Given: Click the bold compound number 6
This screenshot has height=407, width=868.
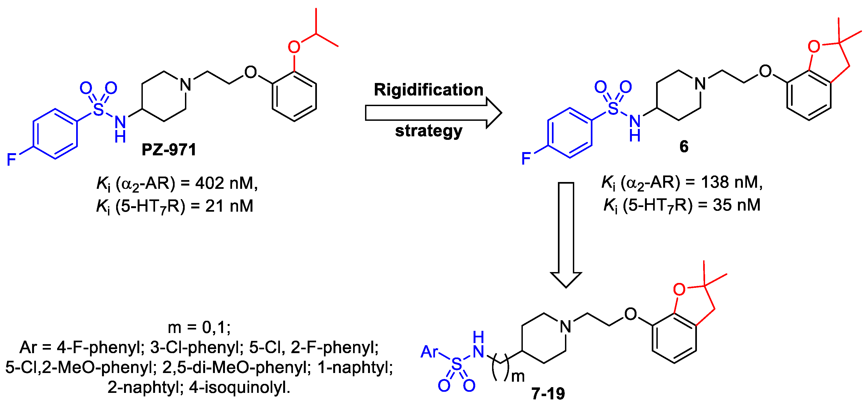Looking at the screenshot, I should (684, 147).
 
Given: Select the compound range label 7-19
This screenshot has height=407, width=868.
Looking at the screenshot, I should (548, 393).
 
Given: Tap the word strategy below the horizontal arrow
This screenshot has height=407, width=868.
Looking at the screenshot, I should (429, 131).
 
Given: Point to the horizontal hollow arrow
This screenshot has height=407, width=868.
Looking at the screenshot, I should (433, 113).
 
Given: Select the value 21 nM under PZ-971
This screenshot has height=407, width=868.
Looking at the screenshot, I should (229, 206).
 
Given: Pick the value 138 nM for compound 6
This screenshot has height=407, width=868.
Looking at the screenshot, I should (731, 182).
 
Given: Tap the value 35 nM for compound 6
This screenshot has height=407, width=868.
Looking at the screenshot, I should (736, 205).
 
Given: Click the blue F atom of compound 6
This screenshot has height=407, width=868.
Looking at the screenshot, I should (526, 159).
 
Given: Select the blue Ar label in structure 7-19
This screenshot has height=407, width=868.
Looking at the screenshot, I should (429, 352).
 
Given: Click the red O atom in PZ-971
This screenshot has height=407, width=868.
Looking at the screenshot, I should (294, 47).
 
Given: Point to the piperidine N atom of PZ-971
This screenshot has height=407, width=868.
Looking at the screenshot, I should (185, 84).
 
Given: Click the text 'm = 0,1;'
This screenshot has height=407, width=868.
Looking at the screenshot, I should (199, 327).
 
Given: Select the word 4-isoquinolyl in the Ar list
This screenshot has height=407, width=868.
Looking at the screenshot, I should (240, 387).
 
